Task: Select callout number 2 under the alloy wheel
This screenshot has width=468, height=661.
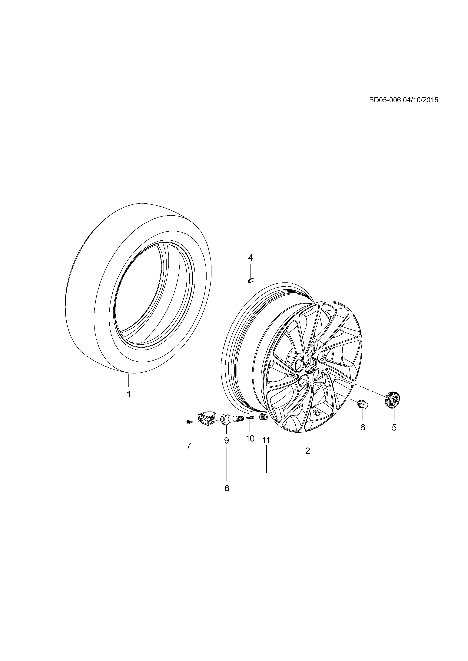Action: [307, 451]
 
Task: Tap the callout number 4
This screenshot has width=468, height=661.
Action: [250, 257]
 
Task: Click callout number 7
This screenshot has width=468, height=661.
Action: [189, 446]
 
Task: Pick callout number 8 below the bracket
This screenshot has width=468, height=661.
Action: [227, 488]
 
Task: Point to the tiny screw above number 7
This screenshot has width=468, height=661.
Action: [189, 422]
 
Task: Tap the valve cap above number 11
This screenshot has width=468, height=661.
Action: [263, 417]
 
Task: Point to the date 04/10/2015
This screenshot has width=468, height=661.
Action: [420, 100]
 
